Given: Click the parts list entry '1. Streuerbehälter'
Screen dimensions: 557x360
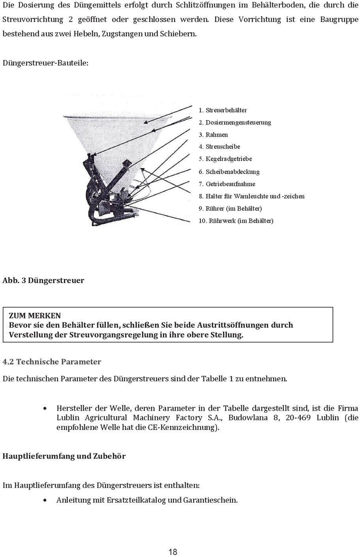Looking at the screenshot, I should click(x=223, y=110).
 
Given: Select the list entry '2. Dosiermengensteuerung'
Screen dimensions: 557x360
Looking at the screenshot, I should click(x=235, y=122).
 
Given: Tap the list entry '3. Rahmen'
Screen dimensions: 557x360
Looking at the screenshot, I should click(x=213, y=135).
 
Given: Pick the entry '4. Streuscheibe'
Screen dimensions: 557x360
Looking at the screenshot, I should click(x=219, y=146).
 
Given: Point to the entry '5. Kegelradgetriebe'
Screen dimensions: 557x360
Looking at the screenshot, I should click(x=225, y=159).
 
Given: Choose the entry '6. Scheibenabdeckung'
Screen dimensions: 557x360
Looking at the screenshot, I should click(x=229, y=172).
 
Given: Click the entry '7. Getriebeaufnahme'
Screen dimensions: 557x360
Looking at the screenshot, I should click(x=227, y=184).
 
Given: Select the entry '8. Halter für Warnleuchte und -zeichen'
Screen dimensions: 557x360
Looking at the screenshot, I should click(x=251, y=196).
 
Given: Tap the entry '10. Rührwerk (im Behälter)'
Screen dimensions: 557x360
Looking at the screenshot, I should click(x=236, y=221).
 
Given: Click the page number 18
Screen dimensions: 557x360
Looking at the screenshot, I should click(x=173, y=552).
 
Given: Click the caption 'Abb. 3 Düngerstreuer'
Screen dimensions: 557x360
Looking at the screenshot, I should click(x=43, y=281).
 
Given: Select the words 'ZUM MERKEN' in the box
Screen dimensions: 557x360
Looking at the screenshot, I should click(x=35, y=315).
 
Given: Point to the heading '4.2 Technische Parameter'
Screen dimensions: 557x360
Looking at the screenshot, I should click(x=52, y=362).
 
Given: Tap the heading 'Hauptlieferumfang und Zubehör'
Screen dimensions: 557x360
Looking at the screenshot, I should click(x=64, y=456).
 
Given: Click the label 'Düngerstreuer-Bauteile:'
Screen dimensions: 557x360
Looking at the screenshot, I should click(x=45, y=63).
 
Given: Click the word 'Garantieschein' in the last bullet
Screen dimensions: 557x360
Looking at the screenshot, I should click(x=210, y=500).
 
